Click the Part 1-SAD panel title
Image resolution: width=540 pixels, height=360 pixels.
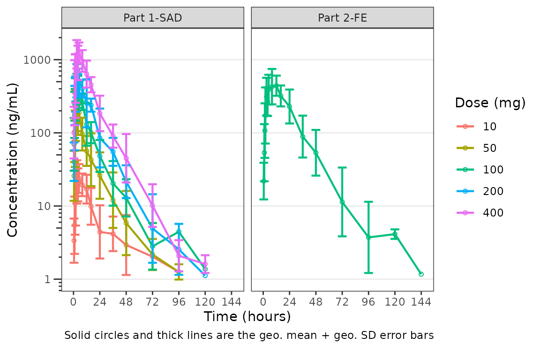[152, 18]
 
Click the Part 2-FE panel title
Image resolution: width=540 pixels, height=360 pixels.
[342, 18]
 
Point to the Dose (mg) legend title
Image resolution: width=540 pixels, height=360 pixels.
[490, 103]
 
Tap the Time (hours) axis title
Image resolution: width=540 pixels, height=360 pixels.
[247, 317]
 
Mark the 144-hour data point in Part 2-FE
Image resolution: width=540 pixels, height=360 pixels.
[421, 274]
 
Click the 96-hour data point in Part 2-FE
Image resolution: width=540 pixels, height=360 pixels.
[368, 238]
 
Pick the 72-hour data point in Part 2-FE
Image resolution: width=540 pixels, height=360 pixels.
[342, 202]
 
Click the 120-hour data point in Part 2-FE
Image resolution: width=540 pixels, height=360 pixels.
[395, 234]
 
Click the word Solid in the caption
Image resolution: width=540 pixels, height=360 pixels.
[76, 336]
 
